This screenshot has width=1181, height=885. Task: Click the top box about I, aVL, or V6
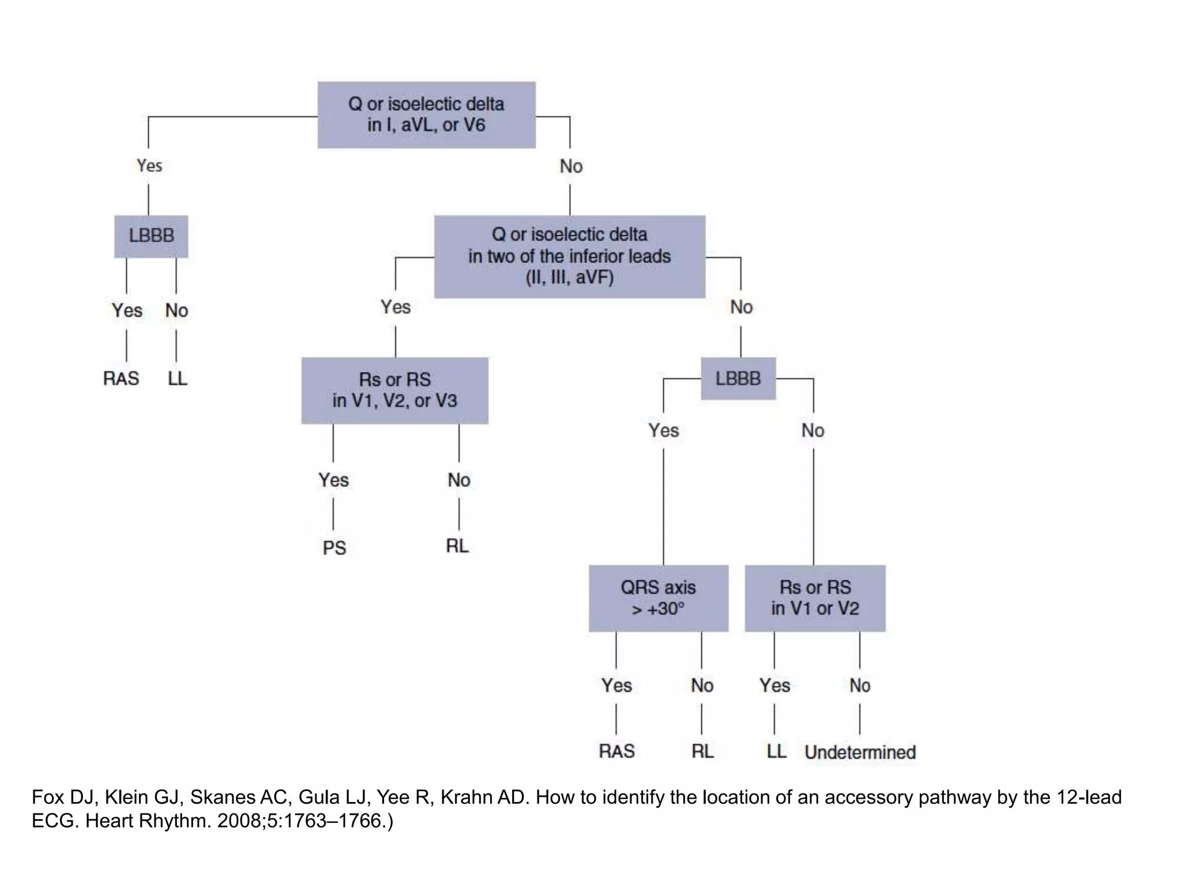426,115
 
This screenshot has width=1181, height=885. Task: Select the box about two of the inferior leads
569,256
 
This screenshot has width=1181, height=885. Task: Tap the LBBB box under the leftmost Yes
151,236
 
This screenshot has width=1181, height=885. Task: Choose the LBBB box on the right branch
738,379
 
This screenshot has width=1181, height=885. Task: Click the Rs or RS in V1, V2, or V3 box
394,391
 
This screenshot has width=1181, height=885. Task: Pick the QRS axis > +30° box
658,598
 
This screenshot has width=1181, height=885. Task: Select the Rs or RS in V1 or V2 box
815,598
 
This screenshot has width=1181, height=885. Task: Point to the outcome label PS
334,547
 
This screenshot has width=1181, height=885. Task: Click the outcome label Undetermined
860,752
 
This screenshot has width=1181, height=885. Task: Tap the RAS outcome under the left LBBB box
121,379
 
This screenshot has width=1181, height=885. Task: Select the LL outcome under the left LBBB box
178,379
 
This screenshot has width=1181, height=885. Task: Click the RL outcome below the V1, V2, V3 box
457,546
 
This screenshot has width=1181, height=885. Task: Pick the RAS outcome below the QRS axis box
616,751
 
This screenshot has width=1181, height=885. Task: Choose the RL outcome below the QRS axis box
702,751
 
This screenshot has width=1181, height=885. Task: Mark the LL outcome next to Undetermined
776,751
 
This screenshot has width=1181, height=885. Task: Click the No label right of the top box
571,167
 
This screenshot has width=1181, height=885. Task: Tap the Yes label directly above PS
333,480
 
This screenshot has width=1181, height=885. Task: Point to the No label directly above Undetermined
860,686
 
